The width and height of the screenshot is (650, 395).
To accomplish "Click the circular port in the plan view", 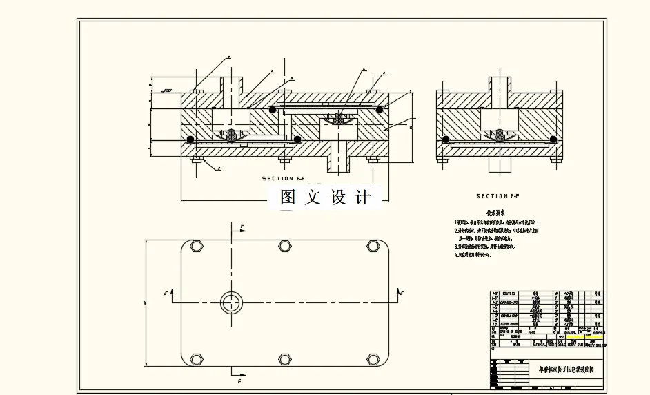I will point(231,302).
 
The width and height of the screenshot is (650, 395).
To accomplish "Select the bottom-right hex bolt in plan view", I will point(373,358).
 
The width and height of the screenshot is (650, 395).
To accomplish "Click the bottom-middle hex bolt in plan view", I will point(284,358).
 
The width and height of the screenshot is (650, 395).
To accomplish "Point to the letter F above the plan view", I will point(242,226).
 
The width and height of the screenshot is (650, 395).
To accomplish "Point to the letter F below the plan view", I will point(239,380).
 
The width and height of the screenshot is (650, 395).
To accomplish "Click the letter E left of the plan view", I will point(166,293).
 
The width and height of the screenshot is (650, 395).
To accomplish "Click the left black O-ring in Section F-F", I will point(446,139).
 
